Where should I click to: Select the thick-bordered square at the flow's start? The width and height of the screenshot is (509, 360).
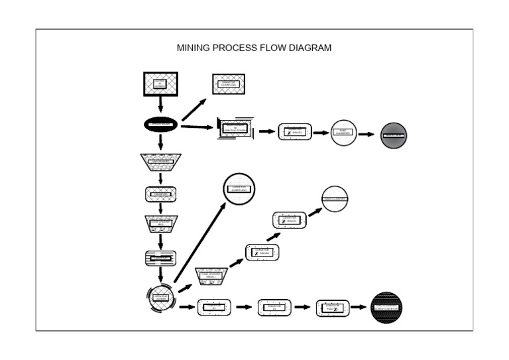tap(160, 84)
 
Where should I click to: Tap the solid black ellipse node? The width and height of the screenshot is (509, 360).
tap(160, 124)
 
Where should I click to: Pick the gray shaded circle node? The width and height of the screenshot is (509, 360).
tap(393, 135)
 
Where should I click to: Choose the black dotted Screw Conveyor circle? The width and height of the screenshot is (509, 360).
tap(387, 308)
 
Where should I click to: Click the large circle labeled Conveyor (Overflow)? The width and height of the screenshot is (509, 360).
tap(239, 188)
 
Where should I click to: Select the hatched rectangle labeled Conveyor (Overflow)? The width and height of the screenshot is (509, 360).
tap(229, 84)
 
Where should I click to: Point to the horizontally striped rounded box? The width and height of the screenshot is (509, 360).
tap(160, 258)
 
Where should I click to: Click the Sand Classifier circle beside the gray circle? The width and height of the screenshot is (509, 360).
tap(343, 133)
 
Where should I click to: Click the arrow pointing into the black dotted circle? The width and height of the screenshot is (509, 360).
tap(359, 307)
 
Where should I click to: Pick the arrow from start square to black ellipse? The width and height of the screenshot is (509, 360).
tap(160, 105)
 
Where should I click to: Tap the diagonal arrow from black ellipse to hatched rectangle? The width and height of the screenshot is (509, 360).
tap(193, 106)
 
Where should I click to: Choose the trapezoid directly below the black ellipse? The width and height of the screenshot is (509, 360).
tap(160, 161)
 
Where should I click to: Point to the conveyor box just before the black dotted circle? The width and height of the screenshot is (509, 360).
tap(333, 308)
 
